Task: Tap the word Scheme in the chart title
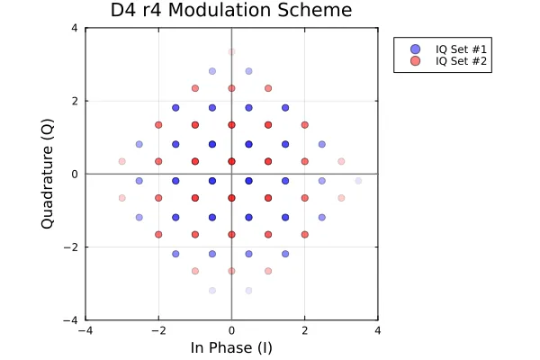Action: click(315, 10)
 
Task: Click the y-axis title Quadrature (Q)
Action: click(47, 174)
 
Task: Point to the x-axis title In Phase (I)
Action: click(231, 347)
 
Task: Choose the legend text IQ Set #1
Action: click(461, 49)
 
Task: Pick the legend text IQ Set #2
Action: click(461, 61)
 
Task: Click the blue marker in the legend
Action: click(416, 49)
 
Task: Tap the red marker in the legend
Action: click(416, 61)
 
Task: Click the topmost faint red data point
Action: click(232, 51)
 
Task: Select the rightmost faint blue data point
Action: click(358, 181)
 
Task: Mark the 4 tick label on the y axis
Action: click(75, 28)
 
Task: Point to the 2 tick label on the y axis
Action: click(75, 101)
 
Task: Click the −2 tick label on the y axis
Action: click(71, 247)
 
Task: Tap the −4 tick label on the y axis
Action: click(71, 320)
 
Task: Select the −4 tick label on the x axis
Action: click(85, 330)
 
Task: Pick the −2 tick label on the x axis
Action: click(158, 330)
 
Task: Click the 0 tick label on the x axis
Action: click(232, 330)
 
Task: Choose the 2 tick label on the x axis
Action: click(305, 330)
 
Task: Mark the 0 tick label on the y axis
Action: click(75, 174)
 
